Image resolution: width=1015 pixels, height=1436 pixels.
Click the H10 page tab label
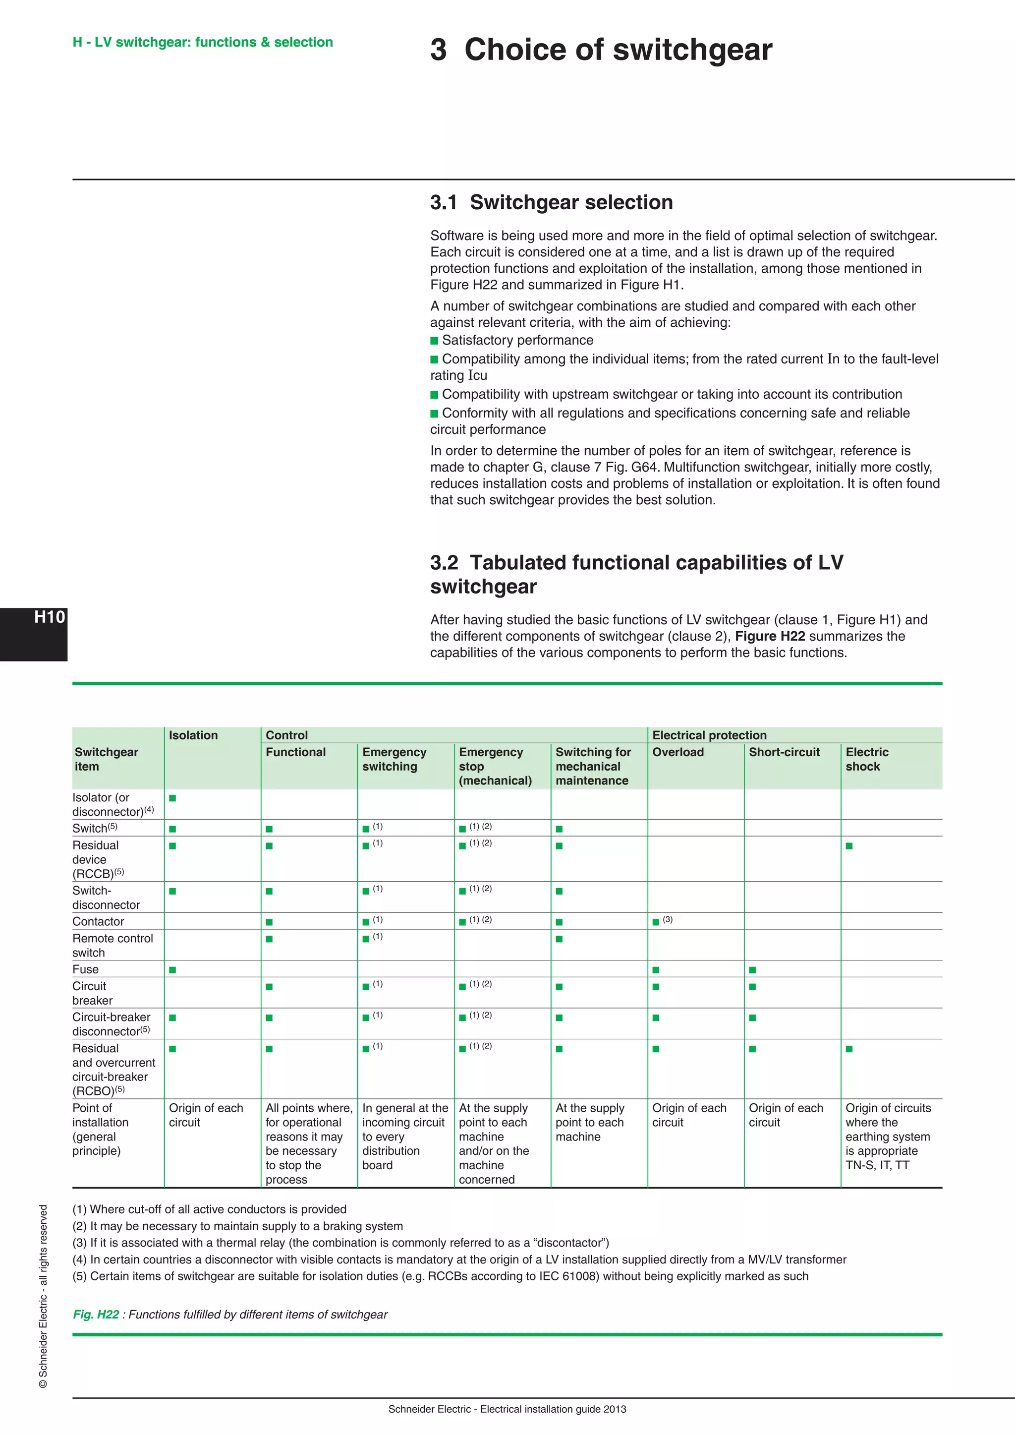pyautogui.click(x=50, y=617)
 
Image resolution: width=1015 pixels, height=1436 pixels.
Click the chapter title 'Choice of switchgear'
pyautogui.click(x=618, y=50)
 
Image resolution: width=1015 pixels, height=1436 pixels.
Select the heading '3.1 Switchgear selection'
pyautogui.click(x=551, y=203)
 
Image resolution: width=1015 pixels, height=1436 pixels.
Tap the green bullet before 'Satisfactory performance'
pyautogui.click(x=434, y=341)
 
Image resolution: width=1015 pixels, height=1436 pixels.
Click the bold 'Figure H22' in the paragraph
pyautogui.click(x=769, y=636)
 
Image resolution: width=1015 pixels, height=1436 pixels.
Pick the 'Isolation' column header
pyautogui.click(x=193, y=735)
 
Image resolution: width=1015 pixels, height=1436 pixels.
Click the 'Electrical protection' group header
pyautogui.click(x=709, y=735)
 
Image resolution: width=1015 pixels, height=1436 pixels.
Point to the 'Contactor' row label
pyautogui.click(x=98, y=921)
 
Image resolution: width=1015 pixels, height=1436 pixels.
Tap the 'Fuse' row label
pyautogui.click(x=86, y=969)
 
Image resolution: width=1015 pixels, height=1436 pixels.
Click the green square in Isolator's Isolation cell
pyautogui.click(x=172, y=798)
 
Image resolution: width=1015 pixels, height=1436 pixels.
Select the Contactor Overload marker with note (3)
pyautogui.click(x=656, y=922)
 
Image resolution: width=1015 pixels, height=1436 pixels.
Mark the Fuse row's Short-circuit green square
pyautogui.click(x=752, y=970)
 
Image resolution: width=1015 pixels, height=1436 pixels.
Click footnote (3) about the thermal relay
pyautogui.click(x=340, y=1243)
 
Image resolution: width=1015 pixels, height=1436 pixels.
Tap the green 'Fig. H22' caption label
pyautogui.click(x=96, y=1315)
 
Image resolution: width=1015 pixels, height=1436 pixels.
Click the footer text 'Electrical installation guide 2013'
pyautogui.click(x=553, y=1409)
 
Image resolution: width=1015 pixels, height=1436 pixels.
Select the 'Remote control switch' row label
pyautogui.click(x=112, y=945)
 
